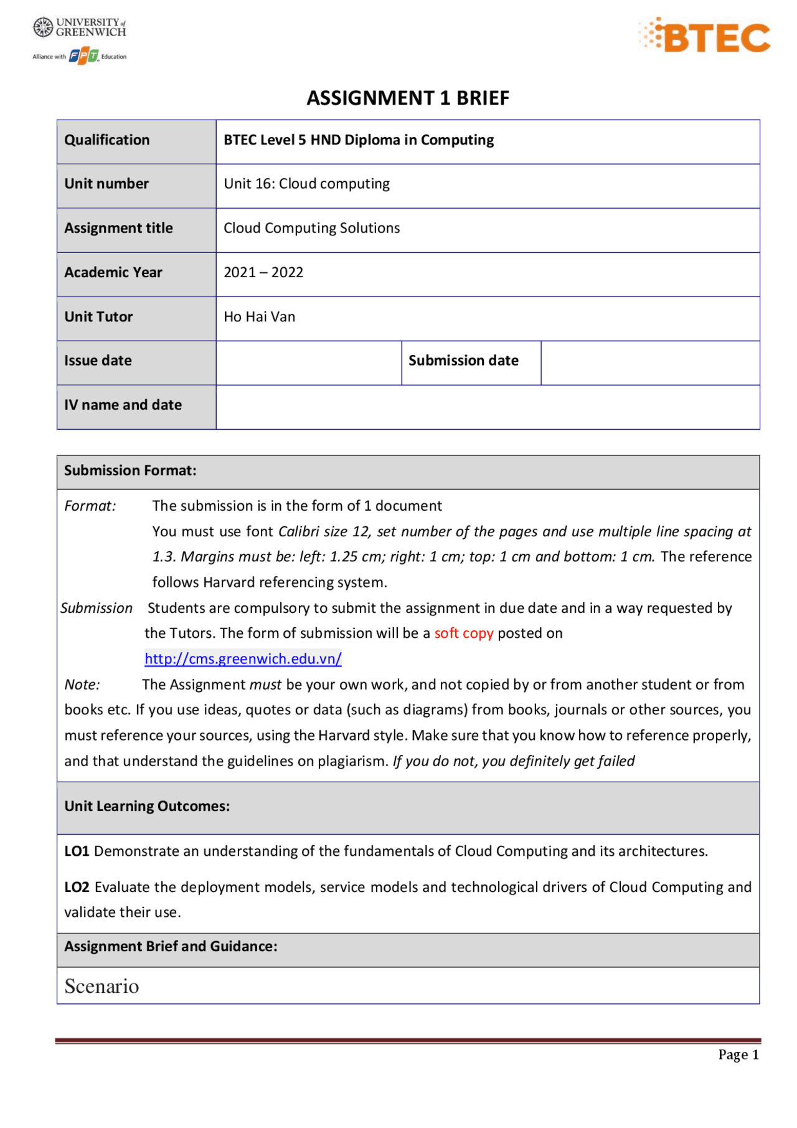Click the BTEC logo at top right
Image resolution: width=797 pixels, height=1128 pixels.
(705, 36)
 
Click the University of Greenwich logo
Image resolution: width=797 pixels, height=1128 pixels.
(79, 27)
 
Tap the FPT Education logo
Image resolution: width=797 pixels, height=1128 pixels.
(84, 56)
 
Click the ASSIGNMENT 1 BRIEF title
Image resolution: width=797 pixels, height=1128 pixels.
(408, 98)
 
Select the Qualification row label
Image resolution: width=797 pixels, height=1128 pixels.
(107, 140)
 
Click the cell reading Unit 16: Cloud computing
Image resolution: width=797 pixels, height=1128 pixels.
(306, 184)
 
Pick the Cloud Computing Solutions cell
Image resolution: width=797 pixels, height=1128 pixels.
(311, 228)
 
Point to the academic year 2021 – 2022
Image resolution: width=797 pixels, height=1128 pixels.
(263, 272)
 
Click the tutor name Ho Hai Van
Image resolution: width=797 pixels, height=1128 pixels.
(259, 316)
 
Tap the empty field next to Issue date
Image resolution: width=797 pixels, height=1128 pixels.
(308, 361)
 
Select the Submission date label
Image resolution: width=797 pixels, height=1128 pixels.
(463, 361)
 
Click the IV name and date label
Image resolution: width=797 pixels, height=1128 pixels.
(123, 405)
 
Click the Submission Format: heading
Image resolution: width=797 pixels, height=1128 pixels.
(130, 470)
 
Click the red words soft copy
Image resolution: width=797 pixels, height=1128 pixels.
(463, 633)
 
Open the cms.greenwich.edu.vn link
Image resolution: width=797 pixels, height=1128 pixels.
(243, 659)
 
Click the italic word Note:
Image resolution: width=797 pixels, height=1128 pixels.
(82, 685)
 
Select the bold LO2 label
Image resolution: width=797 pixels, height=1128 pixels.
(77, 887)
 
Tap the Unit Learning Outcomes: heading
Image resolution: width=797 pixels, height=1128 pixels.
(147, 806)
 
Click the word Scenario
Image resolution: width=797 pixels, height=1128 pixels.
(101, 986)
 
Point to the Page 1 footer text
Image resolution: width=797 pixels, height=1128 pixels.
(738, 1055)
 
